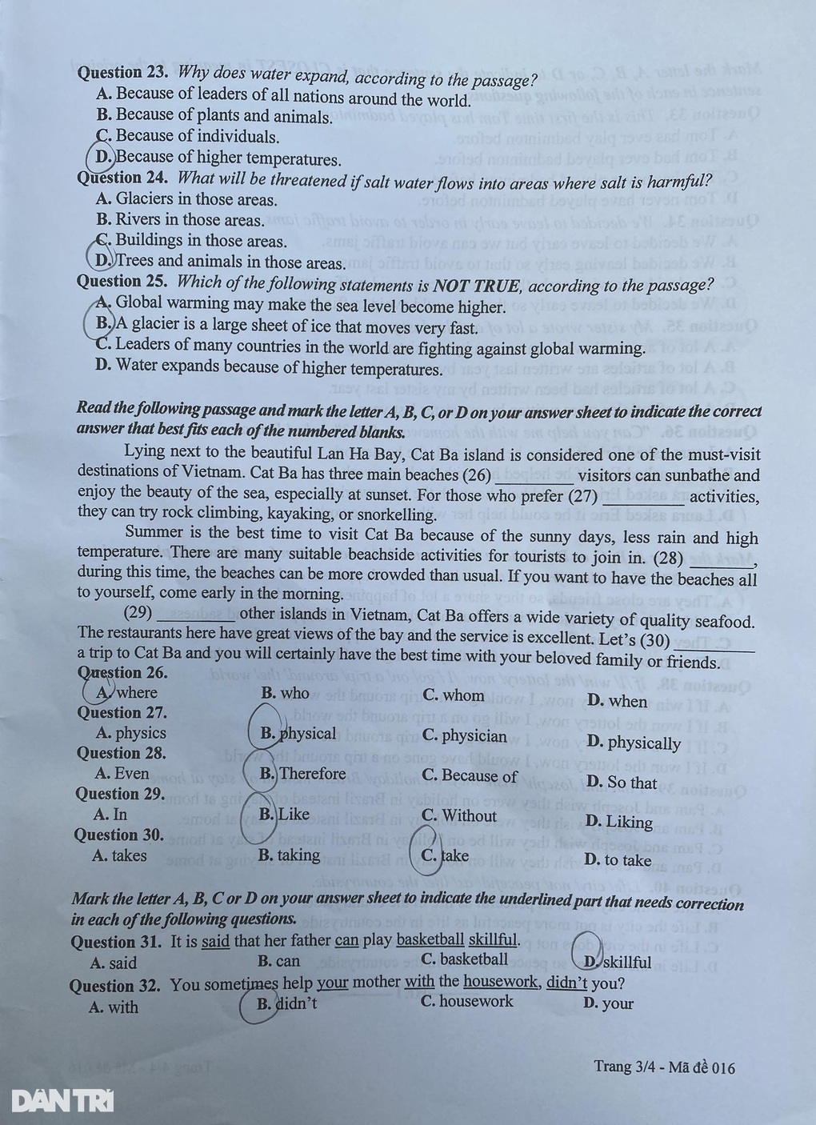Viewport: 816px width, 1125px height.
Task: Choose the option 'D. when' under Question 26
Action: pyautogui.click(x=617, y=701)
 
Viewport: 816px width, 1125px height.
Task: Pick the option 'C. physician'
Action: pyautogui.click(x=464, y=735)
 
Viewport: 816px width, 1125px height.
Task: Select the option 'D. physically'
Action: pyautogui.click(x=633, y=743)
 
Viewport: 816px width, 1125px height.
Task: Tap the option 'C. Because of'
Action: pyautogui.click(x=470, y=775)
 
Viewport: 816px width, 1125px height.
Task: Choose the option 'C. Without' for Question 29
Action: pyautogui.click(x=459, y=815)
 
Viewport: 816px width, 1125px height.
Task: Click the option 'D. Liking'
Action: pyautogui.click(x=618, y=822)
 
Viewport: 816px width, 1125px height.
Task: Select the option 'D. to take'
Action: pyautogui.click(x=618, y=860)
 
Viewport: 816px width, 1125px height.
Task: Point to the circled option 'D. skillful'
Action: pyautogui.click(x=616, y=962)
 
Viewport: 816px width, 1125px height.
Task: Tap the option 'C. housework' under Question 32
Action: pyautogui.click(x=467, y=1001)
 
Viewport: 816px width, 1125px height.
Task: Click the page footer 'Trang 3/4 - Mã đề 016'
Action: pyautogui.click(x=664, y=1067)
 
